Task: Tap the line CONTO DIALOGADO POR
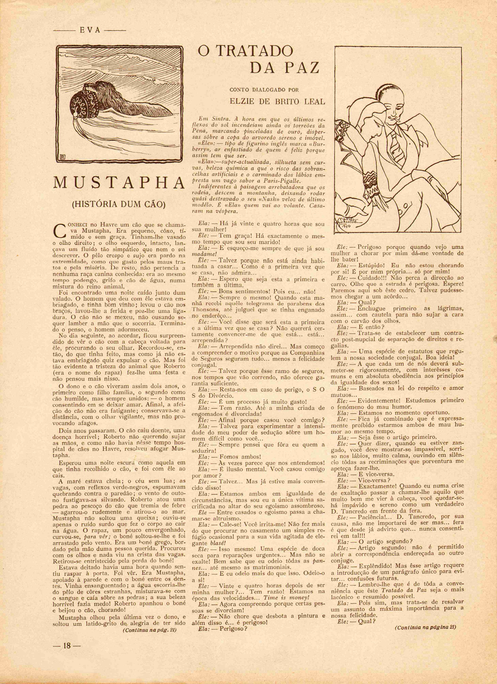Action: (x=264, y=90)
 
